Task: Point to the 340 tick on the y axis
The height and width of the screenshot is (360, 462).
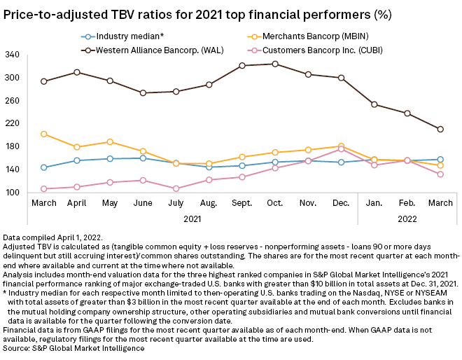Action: point(12,55)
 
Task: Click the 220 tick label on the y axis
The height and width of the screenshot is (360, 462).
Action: point(12,123)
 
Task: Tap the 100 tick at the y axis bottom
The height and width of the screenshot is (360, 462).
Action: point(12,193)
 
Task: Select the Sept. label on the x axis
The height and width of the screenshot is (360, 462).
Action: point(241,202)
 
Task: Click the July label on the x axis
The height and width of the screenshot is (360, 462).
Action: point(176,202)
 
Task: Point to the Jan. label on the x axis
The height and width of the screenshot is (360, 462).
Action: point(374,202)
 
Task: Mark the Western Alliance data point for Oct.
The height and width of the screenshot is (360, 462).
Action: point(275,64)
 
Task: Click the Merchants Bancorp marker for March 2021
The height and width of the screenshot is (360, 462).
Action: point(43,134)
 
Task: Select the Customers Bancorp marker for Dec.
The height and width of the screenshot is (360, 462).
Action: point(341,148)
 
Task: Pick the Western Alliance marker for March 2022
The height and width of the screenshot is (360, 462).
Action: point(440,129)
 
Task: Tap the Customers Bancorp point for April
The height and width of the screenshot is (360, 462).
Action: point(76,187)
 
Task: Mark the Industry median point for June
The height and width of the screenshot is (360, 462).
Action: point(143,158)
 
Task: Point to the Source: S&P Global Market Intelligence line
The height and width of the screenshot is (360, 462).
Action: point(68,347)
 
